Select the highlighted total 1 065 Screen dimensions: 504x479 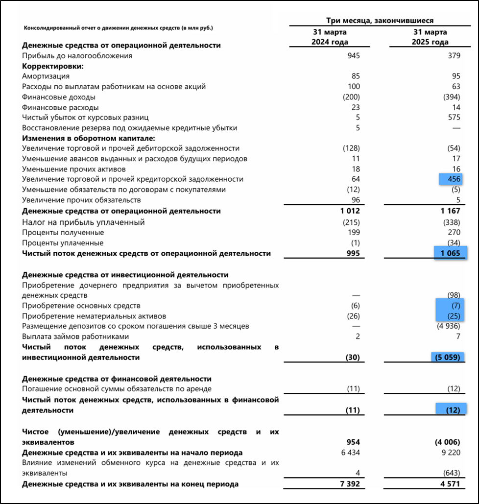[450, 253]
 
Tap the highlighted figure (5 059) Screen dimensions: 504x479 [447, 358]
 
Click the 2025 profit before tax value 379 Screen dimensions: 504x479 [454, 55]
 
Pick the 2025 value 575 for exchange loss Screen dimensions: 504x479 [454, 118]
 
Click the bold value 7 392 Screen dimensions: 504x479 [350, 484]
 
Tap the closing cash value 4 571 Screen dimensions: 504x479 [451, 484]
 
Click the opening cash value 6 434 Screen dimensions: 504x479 [350, 453]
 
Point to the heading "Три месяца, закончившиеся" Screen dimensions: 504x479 [380, 21]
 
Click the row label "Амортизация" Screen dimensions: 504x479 [46, 76]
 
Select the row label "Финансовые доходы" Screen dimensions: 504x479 [58, 97]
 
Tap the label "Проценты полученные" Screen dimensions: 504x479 [63, 232]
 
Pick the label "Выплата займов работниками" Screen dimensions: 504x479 [75, 336]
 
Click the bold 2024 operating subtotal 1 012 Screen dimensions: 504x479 [350, 211]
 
